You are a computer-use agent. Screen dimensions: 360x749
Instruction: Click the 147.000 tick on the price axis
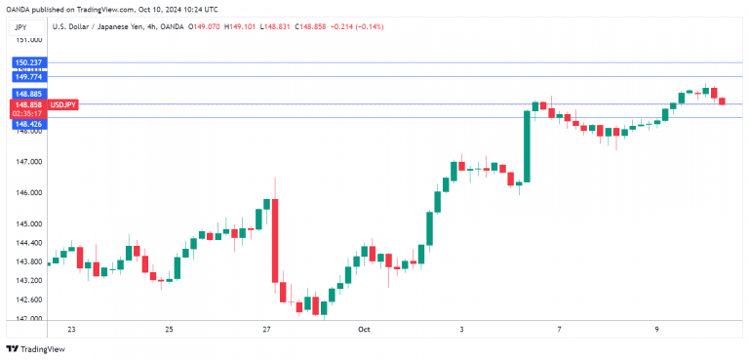pos(30,162)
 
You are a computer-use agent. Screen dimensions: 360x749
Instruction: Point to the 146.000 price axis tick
pos(30,193)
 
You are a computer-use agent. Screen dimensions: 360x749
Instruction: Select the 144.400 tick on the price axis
pos(30,243)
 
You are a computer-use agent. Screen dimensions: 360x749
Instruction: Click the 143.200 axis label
pos(30,280)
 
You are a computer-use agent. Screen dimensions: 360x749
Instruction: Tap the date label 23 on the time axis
pos(71,330)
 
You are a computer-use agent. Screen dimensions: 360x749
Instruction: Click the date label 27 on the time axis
pos(266,330)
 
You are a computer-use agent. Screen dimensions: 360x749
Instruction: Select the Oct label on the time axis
pos(363,330)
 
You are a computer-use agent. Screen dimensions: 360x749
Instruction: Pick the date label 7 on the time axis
pos(559,330)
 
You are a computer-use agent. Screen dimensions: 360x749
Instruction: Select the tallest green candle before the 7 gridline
pos(527,146)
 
